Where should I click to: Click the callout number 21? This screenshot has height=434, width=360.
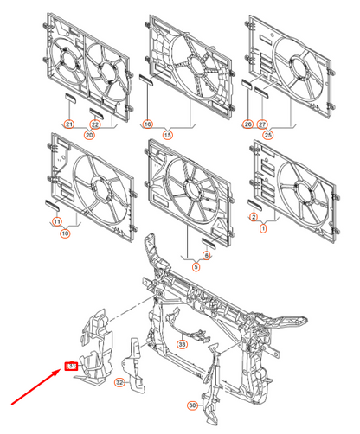pyautogui.click(x=67, y=124)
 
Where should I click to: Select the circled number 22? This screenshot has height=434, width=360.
pyautogui.click(x=96, y=124)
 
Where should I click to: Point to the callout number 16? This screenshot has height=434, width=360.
pyautogui.click(x=148, y=124)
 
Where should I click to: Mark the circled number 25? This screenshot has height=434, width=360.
pyautogui.click(x=268, y=134)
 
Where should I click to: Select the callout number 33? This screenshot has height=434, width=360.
pyautogui.click(x=182, y=344)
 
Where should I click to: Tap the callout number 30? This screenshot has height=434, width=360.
pyautogui.click(x=193, y=404)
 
